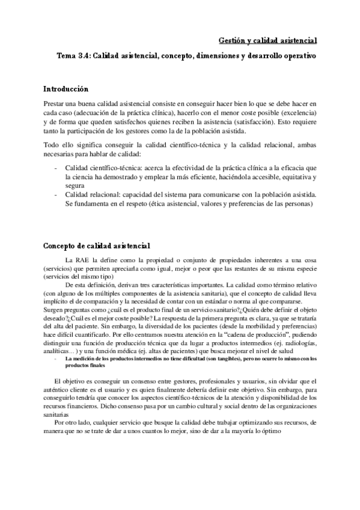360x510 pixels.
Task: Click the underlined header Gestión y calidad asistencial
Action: click(x=266, y=40)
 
